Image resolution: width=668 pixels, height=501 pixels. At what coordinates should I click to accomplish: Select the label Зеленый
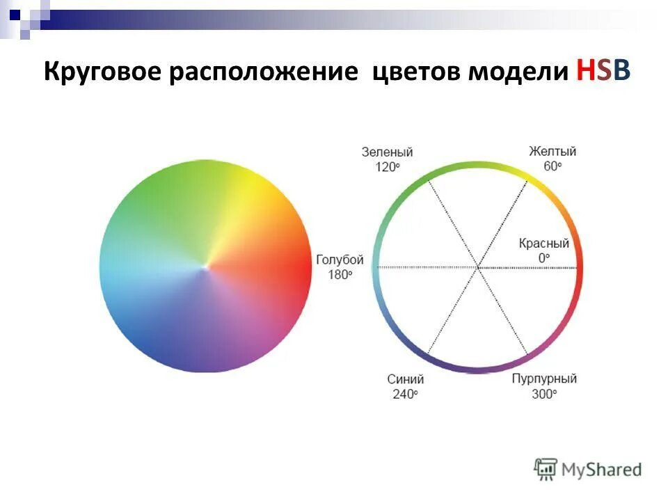click(x=387, y=152)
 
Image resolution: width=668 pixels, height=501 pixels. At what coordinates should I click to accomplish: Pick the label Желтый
click(x=552, y=152)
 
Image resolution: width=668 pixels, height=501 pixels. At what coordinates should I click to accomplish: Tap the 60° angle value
click(x=552, y=166)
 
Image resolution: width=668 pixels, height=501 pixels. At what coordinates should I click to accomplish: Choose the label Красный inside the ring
click(x=543, y=244)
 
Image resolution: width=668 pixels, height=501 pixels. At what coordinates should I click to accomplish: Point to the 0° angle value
click(x=543, y=258)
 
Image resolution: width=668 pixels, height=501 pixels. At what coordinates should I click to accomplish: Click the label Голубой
click(x=340, y=260)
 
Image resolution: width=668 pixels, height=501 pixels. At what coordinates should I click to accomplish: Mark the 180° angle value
click(x=340, y=274)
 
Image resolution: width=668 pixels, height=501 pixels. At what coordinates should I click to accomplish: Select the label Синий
click(x=405, y=379)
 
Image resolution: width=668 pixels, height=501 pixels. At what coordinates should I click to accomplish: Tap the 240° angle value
click(x=405, y=394)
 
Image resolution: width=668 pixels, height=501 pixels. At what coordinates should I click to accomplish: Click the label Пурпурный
click(x=544, y=379)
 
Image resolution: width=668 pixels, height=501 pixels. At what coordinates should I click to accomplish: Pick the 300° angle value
click(x=544, y=394)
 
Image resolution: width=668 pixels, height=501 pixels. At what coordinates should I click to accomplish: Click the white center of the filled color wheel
click(x=205, y=266)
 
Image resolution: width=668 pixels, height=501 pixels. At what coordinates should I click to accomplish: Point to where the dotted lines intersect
click(x=478, y=267)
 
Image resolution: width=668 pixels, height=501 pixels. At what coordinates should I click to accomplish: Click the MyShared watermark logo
click(x=588, y=469)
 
